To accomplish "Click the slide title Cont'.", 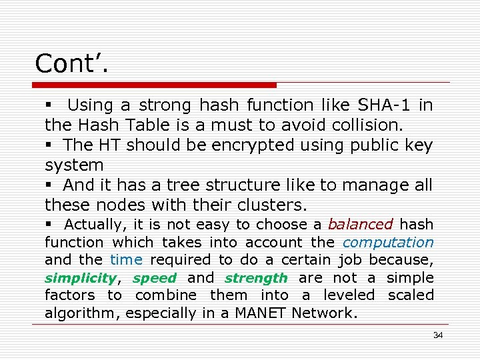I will (x=71, y=63).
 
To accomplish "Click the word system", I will (x=74, y=165).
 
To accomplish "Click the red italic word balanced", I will (x=360, y=225).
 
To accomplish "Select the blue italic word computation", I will (x=388, y=243).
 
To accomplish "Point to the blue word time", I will (x=126, y=260).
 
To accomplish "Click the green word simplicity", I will (x=80, y=278).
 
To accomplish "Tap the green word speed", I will (x=155, y=278).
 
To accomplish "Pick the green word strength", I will (x=256, y=278).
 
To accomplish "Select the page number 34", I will (x=437, y=335).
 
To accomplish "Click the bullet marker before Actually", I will (x=49, y=225).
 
